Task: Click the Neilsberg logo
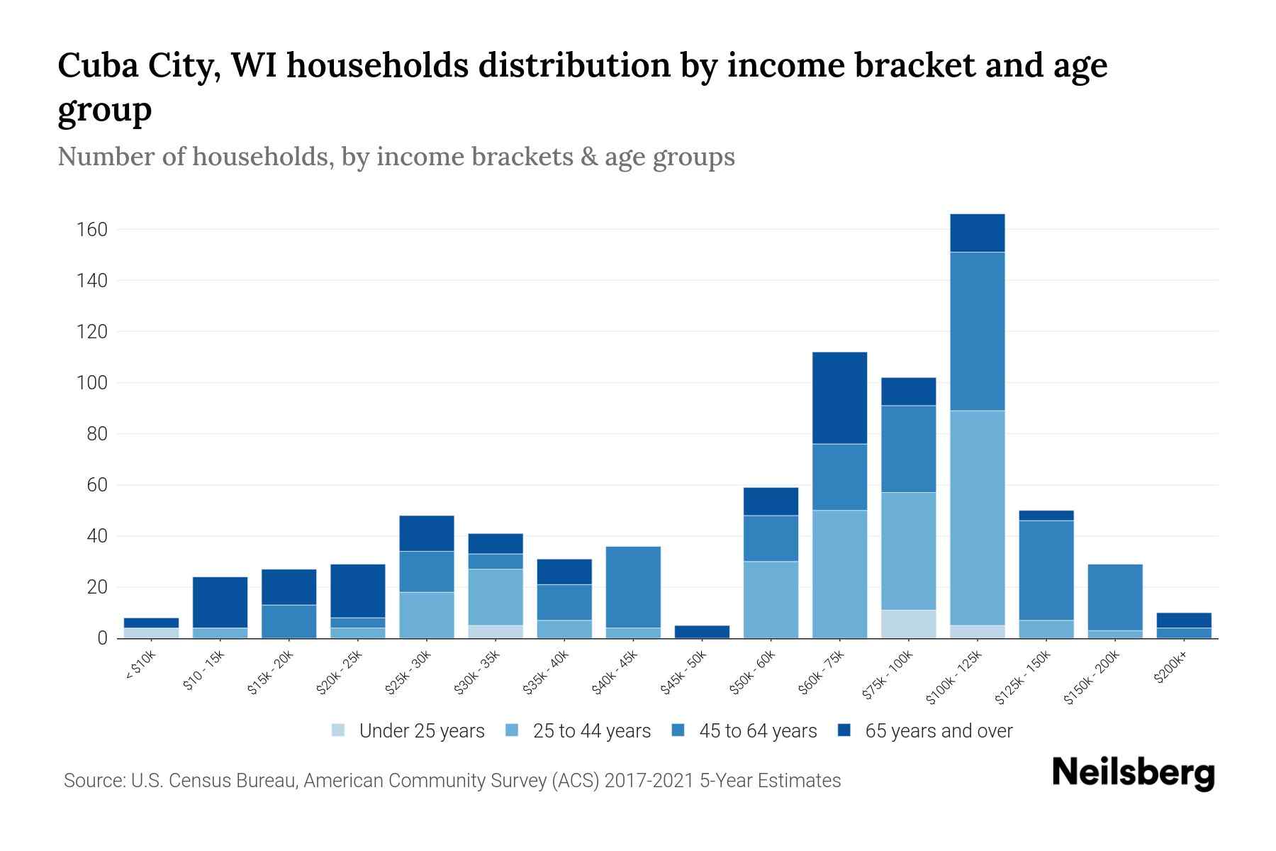1133,773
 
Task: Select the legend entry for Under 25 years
408,731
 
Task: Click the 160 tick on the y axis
93,230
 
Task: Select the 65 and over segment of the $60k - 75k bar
839,398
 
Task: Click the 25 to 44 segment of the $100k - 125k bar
978,518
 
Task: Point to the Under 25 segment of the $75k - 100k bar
908,624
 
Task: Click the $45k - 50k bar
702,632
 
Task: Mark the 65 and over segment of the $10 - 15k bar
220,603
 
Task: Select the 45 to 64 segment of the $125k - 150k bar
1046,570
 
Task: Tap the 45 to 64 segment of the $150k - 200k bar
1115,597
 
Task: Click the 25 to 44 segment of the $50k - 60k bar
771,600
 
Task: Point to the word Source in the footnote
92,781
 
